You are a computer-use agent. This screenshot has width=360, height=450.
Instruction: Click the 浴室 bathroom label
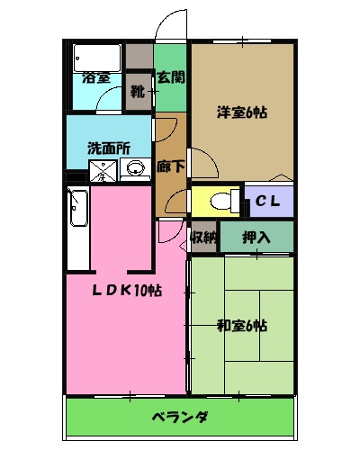click(96, 77)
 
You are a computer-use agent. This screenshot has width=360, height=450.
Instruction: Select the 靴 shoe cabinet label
click(138, 90)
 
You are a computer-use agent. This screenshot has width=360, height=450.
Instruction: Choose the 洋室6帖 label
click(241, 113)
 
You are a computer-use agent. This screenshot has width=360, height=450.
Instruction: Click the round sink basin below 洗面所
click(136, 168)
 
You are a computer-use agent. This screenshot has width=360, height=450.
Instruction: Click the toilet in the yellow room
click(225, 200)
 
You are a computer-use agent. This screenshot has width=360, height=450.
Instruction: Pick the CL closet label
click(268, 201)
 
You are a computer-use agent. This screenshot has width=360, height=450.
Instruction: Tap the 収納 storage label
click(203, 238)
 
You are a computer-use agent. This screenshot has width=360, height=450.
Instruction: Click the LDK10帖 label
click(130, 290)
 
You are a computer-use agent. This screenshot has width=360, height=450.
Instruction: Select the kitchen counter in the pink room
click(77, 227)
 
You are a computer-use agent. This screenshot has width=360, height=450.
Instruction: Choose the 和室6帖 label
click(241, 325)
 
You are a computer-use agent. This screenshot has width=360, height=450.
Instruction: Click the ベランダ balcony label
click(179, 418)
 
